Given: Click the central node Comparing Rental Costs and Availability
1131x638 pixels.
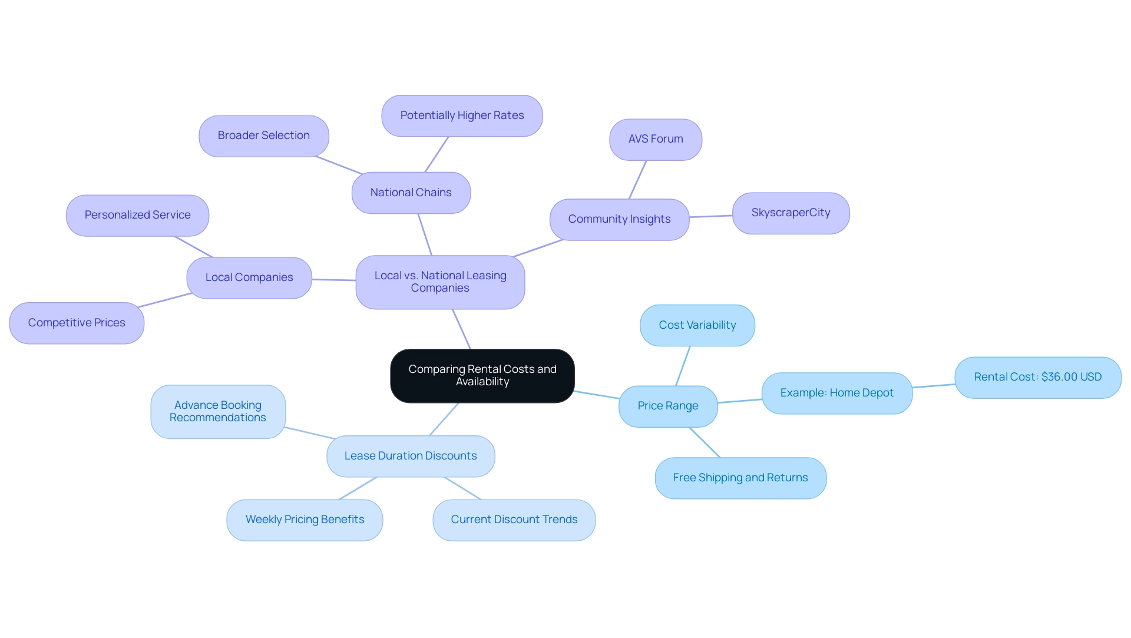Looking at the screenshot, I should pos(482,376).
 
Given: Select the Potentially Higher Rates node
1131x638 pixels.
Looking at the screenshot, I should pos(462,116).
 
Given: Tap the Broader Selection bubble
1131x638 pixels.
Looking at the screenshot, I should pos(263,136).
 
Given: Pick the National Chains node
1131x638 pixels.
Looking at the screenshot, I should pos(411,193).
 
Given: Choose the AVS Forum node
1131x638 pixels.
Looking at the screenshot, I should pos(655,140).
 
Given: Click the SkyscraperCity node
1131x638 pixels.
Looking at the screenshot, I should pos(791,213).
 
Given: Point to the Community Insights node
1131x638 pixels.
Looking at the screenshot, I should pos(619,220).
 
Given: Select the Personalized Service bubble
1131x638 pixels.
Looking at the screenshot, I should pos(137,216).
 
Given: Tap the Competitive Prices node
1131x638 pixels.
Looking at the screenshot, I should pos(77,323).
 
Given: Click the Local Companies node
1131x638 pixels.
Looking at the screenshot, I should pos(249,278).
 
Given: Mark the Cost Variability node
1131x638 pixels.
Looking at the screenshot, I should pos(697,325).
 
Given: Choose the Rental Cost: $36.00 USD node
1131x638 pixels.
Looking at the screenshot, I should pos(1037,378).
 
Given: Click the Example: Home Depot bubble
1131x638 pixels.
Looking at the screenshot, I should pos(836,394).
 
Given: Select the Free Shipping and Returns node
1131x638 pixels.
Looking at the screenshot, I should pos(740,478).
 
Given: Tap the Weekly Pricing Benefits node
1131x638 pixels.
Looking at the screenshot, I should pos(305,520).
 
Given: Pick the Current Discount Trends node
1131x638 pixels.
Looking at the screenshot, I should pos(514,520).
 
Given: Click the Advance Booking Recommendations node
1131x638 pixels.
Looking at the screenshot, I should pos(217,412).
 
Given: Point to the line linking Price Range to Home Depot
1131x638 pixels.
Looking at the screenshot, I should pos(740,401).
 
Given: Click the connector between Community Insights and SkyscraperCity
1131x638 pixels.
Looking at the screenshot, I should pos(711,216).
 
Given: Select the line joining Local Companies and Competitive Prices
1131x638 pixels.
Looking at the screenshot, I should pos(165,300).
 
